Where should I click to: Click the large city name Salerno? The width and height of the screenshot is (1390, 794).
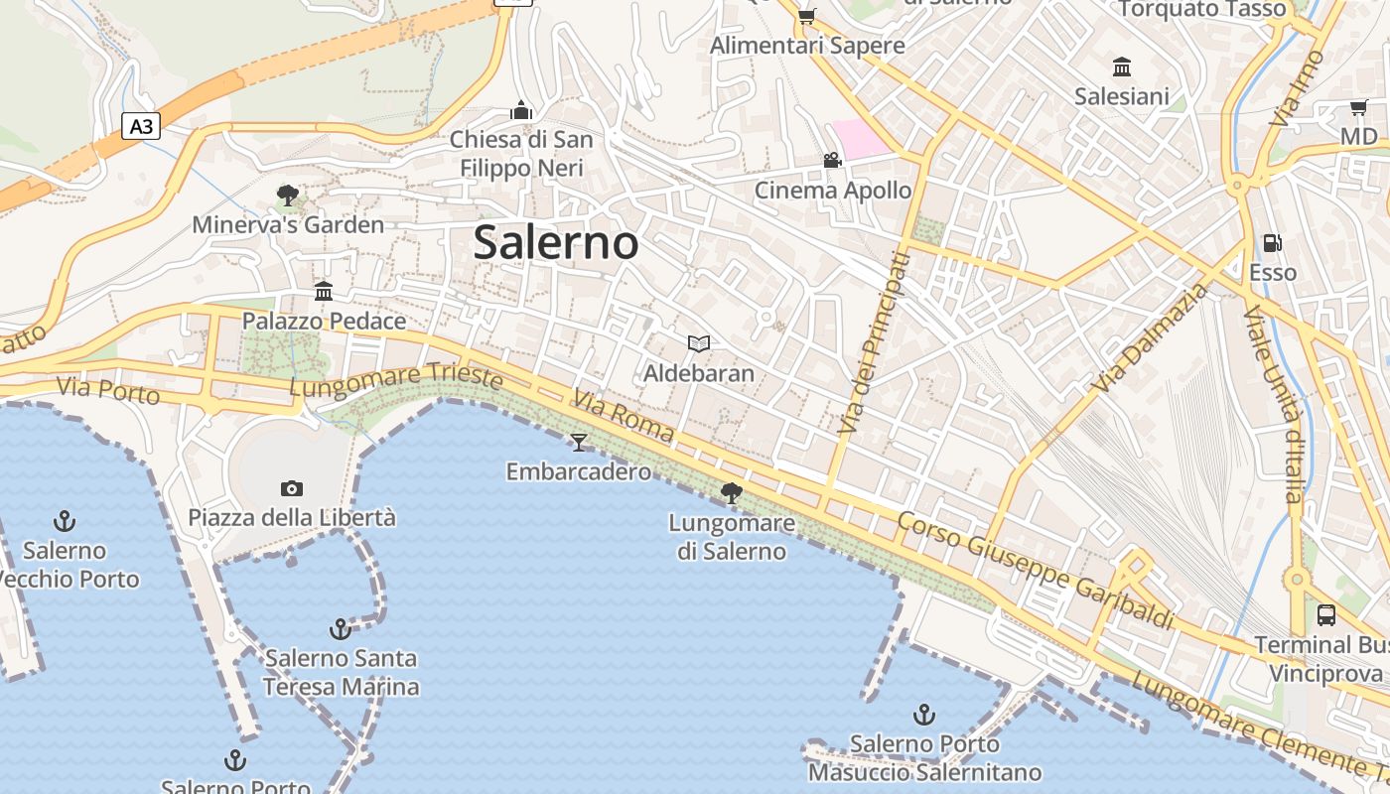[x=555, y=242]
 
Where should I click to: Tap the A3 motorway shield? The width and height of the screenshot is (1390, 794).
[x=141, y=126]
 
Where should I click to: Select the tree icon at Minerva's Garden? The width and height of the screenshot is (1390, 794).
[x=288, y=195]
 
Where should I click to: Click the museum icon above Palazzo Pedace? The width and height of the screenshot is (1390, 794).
[x=324, y=291]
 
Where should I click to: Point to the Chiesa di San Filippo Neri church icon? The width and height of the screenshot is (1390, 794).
[x=521, y=109]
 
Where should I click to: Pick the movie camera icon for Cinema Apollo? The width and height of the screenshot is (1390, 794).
[x=832, y=160]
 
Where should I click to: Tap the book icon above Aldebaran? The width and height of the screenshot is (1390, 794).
[x=699, y=343]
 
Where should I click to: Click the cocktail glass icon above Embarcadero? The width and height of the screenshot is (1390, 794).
[x=579, y=442]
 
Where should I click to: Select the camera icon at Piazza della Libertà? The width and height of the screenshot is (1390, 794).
[x=291, y=487]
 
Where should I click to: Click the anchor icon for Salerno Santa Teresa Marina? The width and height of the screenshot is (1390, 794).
[x=341, y=628]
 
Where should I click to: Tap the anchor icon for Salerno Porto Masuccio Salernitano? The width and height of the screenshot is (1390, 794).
[x=924, y=714]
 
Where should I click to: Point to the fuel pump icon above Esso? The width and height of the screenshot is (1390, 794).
[x=1272, y=242]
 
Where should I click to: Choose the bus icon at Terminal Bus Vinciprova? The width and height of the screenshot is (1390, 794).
[x=1326, y=614]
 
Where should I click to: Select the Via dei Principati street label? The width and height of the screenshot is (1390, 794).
[x=873, y=343]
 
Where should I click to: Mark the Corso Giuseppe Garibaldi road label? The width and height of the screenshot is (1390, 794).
[x=1036, y=571]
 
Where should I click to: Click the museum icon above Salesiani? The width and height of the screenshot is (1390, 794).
[x=1122, y=66]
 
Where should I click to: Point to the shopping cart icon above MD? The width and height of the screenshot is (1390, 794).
[x=1358, y=107]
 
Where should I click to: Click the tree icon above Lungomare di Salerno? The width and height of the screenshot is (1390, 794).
[x=732, y=492]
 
